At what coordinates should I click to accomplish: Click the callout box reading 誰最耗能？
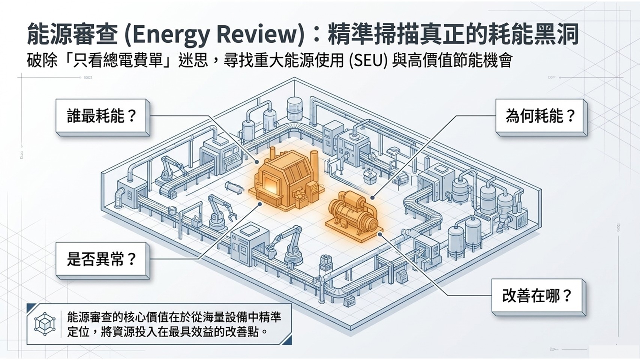point(103,117)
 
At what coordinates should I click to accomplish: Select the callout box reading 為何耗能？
point(541,117)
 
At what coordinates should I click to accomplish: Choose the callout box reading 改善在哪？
point(538,297)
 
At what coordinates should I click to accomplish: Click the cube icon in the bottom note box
point(45,325)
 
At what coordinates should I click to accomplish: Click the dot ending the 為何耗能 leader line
point(372,197)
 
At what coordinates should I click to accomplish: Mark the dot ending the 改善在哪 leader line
point(380,234)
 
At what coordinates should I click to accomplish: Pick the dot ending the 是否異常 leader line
point(260,204)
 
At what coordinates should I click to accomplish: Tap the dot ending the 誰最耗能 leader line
point(257,162)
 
